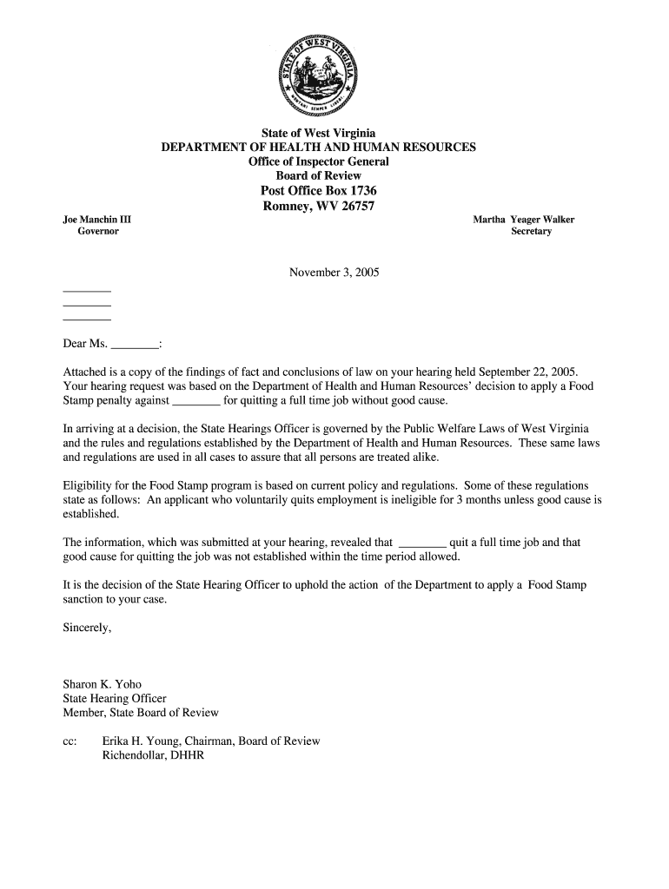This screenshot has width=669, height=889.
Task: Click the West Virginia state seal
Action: (x=319, y=76)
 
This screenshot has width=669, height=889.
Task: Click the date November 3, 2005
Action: (x=334, y=273)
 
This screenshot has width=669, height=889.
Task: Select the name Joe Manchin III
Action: (x=97, y=220)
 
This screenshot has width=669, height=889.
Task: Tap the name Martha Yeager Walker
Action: (x=523, y=220)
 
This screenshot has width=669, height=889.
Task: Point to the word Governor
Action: (x=98, y=232)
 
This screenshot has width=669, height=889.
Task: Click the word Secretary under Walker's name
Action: (x=531, y=232)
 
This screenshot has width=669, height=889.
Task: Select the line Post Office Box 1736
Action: (x=319, y=191)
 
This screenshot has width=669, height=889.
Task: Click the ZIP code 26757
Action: (x=354, y=206)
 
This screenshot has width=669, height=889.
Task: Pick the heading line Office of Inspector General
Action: (x=319, y=161)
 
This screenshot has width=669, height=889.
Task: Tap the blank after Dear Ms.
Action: (x=136, y=344)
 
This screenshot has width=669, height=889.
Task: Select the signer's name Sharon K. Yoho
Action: (x=102, y=684)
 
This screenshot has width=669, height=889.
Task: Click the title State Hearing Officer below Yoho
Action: (x=115, y=698)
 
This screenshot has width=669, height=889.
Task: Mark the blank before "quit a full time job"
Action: (x=421, y=542)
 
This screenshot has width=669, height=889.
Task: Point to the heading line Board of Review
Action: (x=319, y=176)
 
